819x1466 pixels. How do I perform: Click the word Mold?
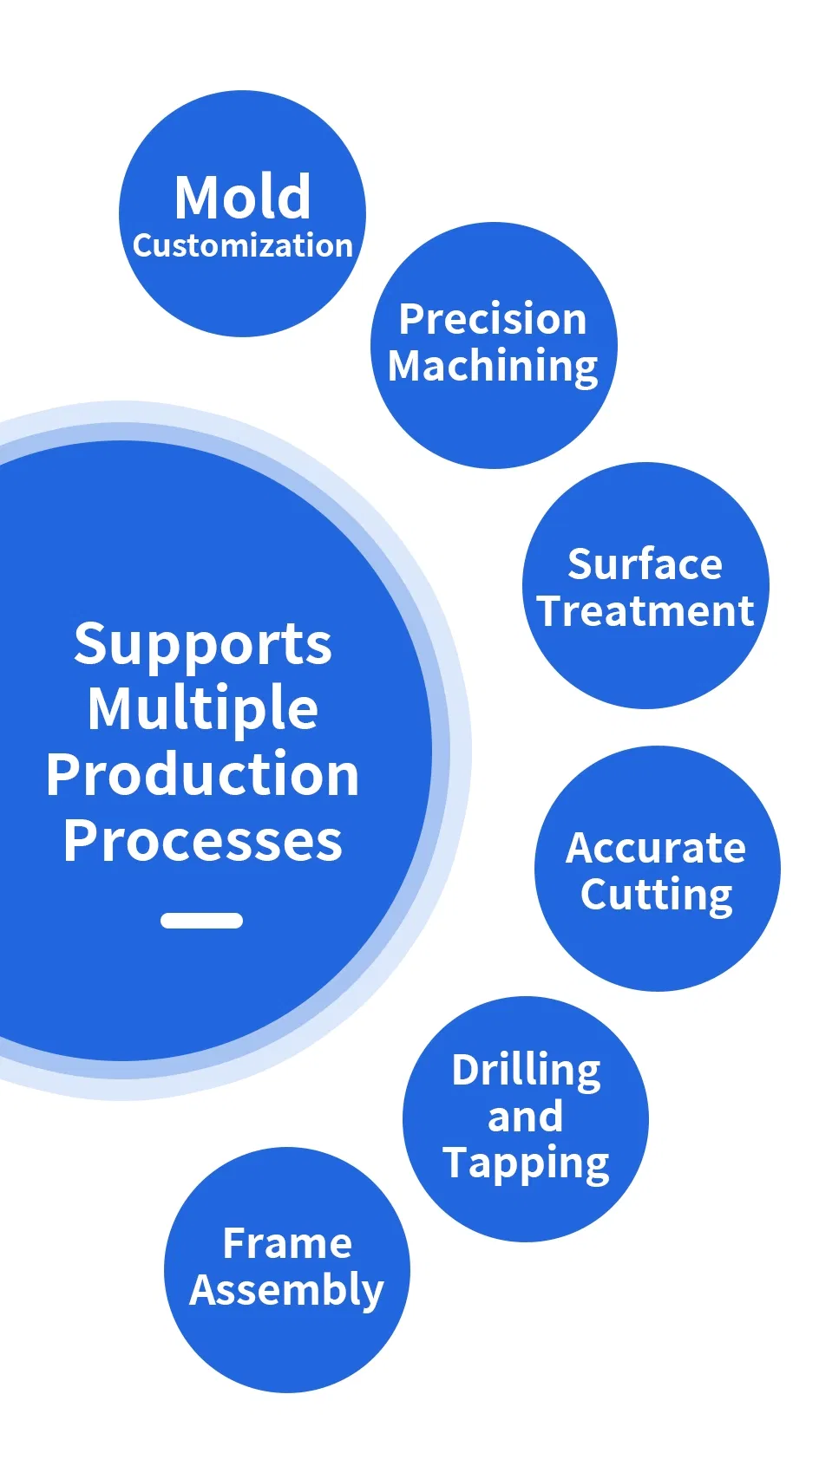click(x=242, y=198)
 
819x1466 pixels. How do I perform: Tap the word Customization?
click(x=242, y=246)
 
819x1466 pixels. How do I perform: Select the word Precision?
click(x=493, y=319)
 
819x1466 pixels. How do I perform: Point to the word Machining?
click(x=493, y=366)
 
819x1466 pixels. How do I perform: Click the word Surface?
click(x=645, y=564)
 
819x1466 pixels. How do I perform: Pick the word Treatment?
click(x=645, y=611)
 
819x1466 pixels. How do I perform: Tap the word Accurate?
click(x=656, y=848)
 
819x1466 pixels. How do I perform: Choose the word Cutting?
click(x=657, y=895)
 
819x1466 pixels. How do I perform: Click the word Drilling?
click(x=526, y=1071)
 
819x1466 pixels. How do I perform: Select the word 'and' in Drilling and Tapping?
click(x=525, y=1117)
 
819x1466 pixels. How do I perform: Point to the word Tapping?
click(x=526, y=1163)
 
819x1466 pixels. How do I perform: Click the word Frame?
click(x=287, y=1243)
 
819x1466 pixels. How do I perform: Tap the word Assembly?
click(x=286, y=1290)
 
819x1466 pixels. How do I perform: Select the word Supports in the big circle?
click(x=203, y=645)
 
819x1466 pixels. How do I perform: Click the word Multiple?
click(x=203, y=709)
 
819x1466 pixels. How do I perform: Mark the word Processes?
click(x=203, y=840)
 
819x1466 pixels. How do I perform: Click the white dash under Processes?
click(x=201, y=921)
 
